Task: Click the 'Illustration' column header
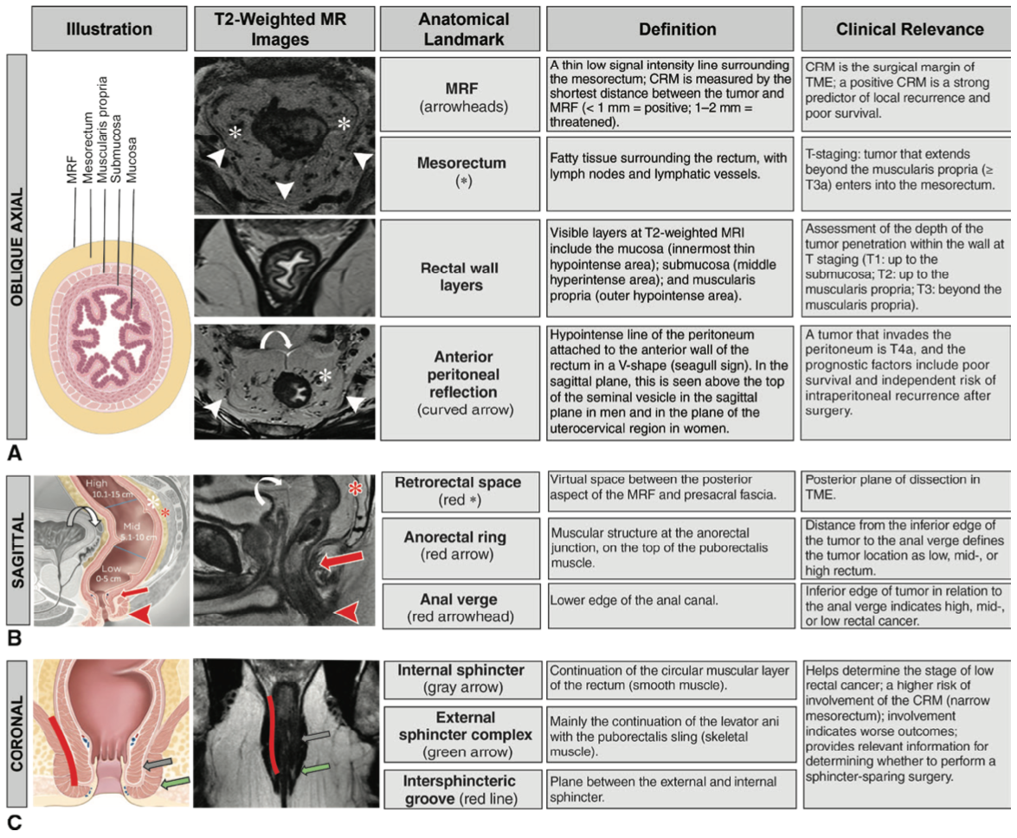click(x=109, y=29)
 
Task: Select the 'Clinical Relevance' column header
click(x=909, y=29)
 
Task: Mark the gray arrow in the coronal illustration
click(x=158, y=764)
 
